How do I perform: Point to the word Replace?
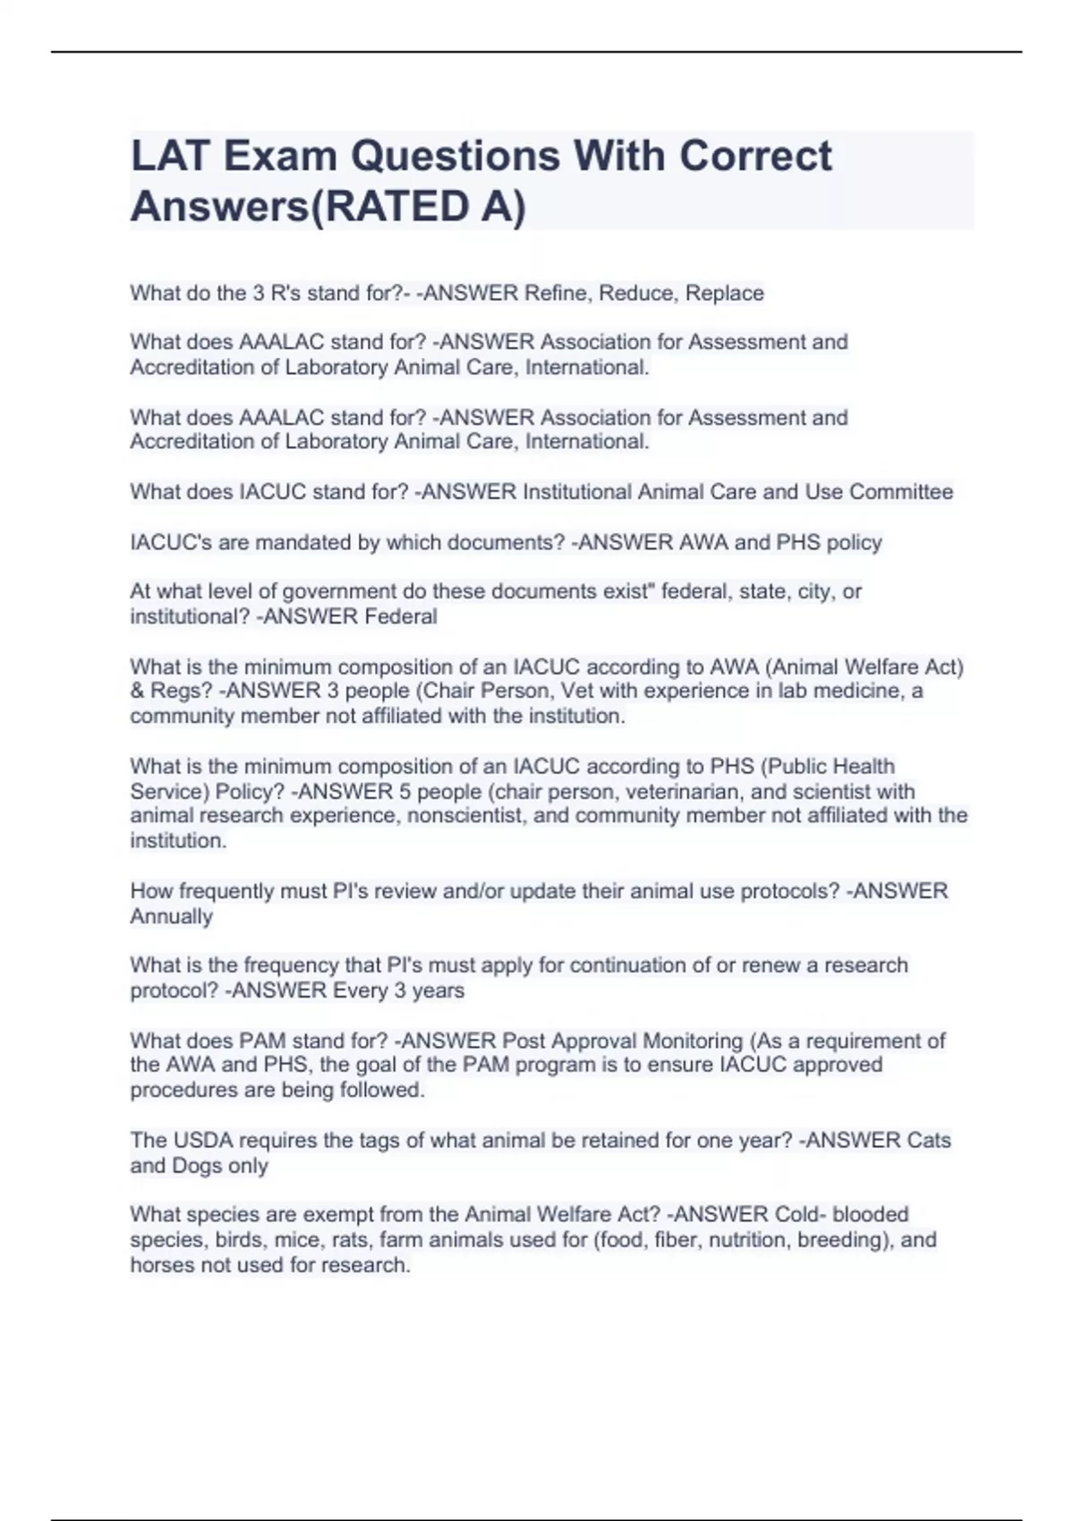coord(724,293)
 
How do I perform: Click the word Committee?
coord(901,492)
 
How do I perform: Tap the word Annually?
coord(172,916)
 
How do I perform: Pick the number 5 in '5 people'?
coord(405,792)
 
